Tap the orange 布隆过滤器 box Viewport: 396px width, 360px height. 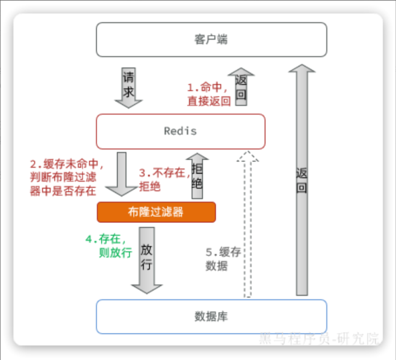(156, 212)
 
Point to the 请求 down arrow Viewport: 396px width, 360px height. (128, 87)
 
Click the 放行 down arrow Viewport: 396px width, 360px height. (147, 260)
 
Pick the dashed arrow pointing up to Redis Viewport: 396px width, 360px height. (247, 225)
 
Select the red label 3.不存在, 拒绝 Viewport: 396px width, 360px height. (162, 179)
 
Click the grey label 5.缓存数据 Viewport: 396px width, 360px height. (223, 259)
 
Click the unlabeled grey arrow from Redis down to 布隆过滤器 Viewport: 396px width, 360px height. (121, 174)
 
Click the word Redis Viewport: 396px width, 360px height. (180, 131)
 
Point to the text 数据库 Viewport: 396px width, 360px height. (211, 317)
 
